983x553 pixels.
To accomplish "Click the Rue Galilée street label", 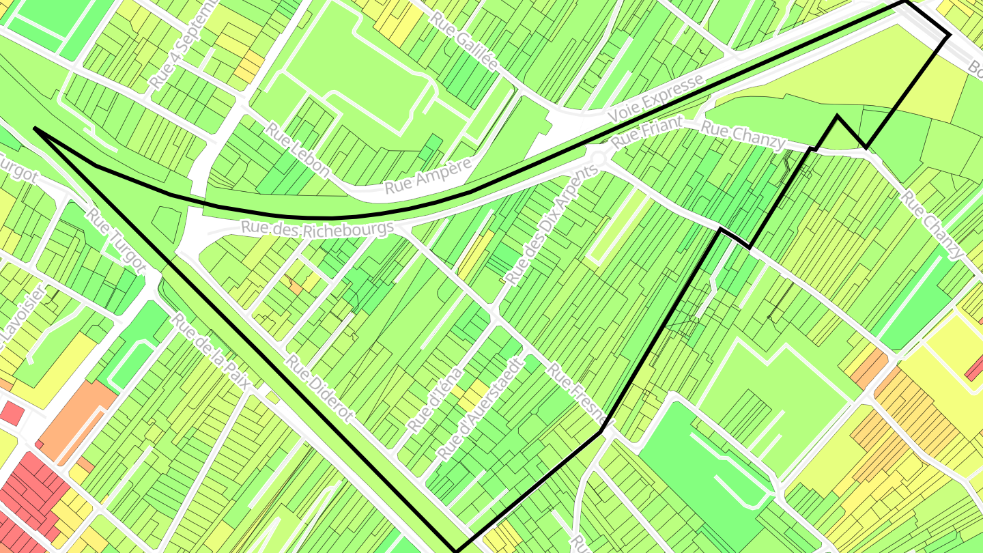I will (x=464, y=42).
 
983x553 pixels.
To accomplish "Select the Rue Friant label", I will (x=638, y=132).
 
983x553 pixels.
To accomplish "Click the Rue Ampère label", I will (x=428, y=175).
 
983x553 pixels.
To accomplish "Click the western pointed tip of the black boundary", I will (x=34, y=128).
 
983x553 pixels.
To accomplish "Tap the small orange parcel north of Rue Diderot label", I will (x=295, y=288).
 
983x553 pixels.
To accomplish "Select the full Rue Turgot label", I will (x=117, y=238).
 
